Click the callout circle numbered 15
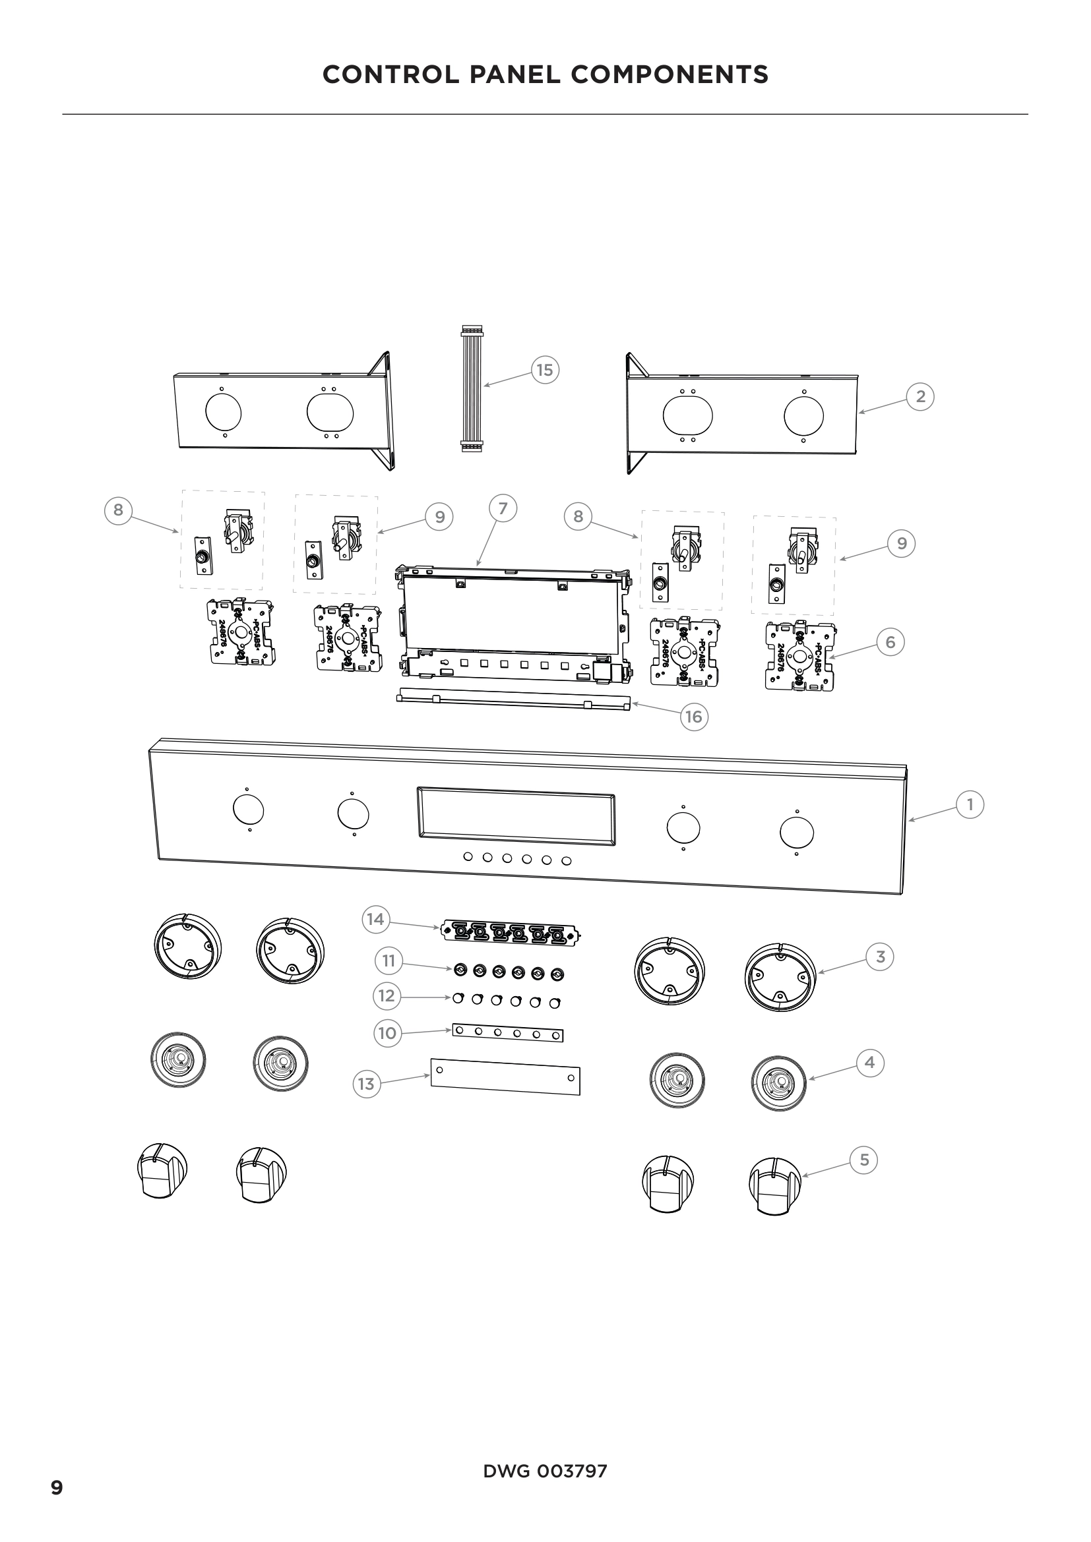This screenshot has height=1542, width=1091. tap(545, 370)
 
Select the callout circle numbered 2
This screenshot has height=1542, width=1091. tap(920, 396)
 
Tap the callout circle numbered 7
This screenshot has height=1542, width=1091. tap(503, 509)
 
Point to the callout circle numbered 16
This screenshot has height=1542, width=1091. tap(693, 717)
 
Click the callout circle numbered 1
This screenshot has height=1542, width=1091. tap(970, 804)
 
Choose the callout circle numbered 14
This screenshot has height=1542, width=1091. tap(375, 919)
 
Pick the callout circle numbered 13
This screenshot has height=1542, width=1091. tap(366, 1084)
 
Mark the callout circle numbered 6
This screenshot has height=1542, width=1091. tap(890, 642)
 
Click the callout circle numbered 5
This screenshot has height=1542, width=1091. tap(864, 1160)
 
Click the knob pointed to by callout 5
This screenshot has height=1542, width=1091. tap(775, 1185)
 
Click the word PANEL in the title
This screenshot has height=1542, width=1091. tap(514, 74)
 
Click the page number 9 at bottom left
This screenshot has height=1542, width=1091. tap(57, 1487)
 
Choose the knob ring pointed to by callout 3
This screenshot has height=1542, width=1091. tap(780, 976)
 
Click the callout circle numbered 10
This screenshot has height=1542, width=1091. tap(387, 1033)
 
